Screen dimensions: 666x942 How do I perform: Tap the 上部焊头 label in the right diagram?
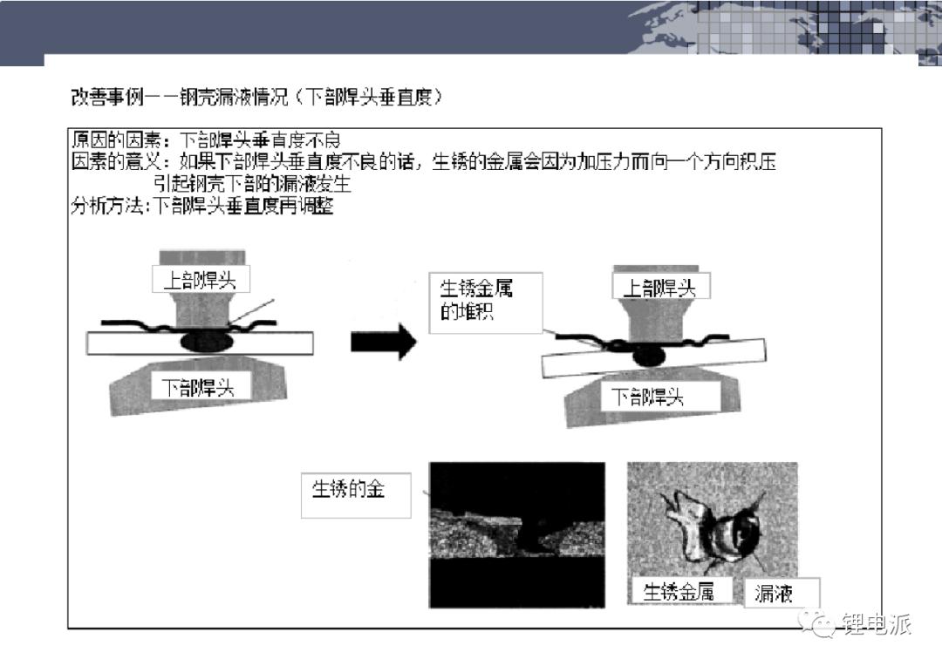[x=659, y=288]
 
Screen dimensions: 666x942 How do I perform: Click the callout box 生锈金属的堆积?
[x=486, y=302]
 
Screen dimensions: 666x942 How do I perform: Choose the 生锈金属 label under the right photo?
[x=679, y=591]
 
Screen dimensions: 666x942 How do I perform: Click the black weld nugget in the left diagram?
[x=205, y=341]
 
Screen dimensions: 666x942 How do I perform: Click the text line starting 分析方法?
[x=201, y=207]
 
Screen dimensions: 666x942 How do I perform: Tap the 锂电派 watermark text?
[x=876, y=624]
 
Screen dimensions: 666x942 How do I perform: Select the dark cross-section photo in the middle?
[x=516, y=534]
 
